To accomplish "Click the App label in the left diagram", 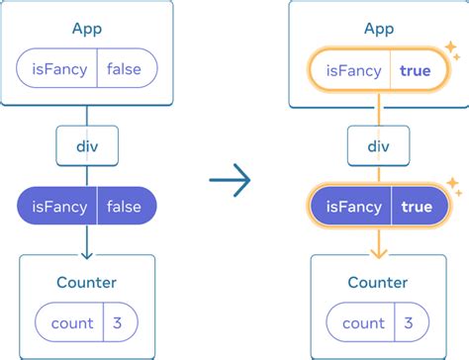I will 87,29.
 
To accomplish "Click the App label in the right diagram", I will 378,29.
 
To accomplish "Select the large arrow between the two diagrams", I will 231,181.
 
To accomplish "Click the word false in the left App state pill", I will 126,69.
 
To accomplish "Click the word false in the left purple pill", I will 126,207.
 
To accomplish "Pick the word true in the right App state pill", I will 417,69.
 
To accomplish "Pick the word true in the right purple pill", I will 417,207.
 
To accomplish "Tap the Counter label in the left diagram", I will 87,283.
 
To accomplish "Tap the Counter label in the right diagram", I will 378,283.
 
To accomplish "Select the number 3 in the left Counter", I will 119,322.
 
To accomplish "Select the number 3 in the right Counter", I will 410,322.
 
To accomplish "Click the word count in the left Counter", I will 72,322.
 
